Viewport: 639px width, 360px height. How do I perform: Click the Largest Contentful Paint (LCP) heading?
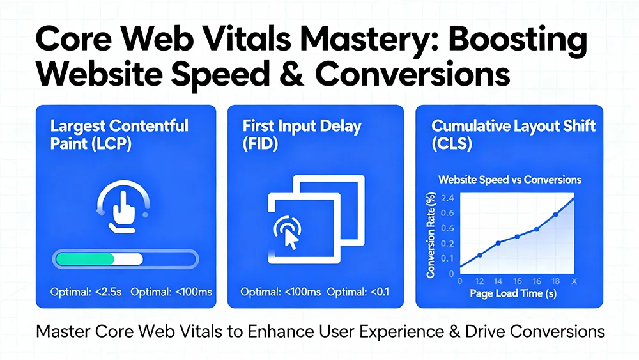[x=119, y=134]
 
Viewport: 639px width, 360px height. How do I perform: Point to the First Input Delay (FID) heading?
[x=302, y=134]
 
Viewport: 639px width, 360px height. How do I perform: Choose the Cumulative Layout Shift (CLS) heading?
[x=505, y=134]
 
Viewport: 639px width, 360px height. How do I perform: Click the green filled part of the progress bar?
[x=86, y=259]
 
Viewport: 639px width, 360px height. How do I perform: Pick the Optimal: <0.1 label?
[x=358, y=292]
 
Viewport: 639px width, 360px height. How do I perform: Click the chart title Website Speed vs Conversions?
[x=509, y=179]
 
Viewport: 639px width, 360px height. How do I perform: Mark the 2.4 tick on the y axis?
[x=447, y=197]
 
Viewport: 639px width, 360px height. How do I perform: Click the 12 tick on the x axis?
[x=479, y=281]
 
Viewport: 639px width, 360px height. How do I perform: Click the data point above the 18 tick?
[x=556, y=214]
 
